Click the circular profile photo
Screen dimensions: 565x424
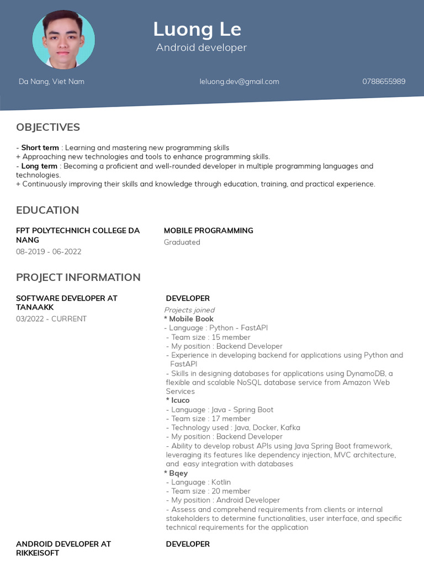pos(63,40)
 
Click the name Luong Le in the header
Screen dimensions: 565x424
pos(197,29)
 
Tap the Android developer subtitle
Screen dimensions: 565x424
pos(201,47)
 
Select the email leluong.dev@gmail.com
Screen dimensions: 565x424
pos(239,81)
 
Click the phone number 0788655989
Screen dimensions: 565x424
pos(384,81)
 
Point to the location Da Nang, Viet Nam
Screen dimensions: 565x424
pos(51,81)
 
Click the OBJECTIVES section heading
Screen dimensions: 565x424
pos(48,127)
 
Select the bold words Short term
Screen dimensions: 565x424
pos(40,148)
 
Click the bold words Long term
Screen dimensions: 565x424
pos(39,166)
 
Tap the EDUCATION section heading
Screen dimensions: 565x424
pos(47,210)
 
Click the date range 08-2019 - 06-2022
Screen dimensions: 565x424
pos(49,252)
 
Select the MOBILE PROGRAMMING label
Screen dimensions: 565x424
pos(208,231)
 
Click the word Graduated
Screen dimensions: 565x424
pos(182,242)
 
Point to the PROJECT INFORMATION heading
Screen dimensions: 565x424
pos(78,277)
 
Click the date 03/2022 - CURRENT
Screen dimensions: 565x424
pos(51,319)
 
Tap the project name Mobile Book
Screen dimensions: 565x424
pos(190,319)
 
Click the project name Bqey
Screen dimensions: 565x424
pos(178,473)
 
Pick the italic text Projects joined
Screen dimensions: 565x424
pos(189,310)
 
